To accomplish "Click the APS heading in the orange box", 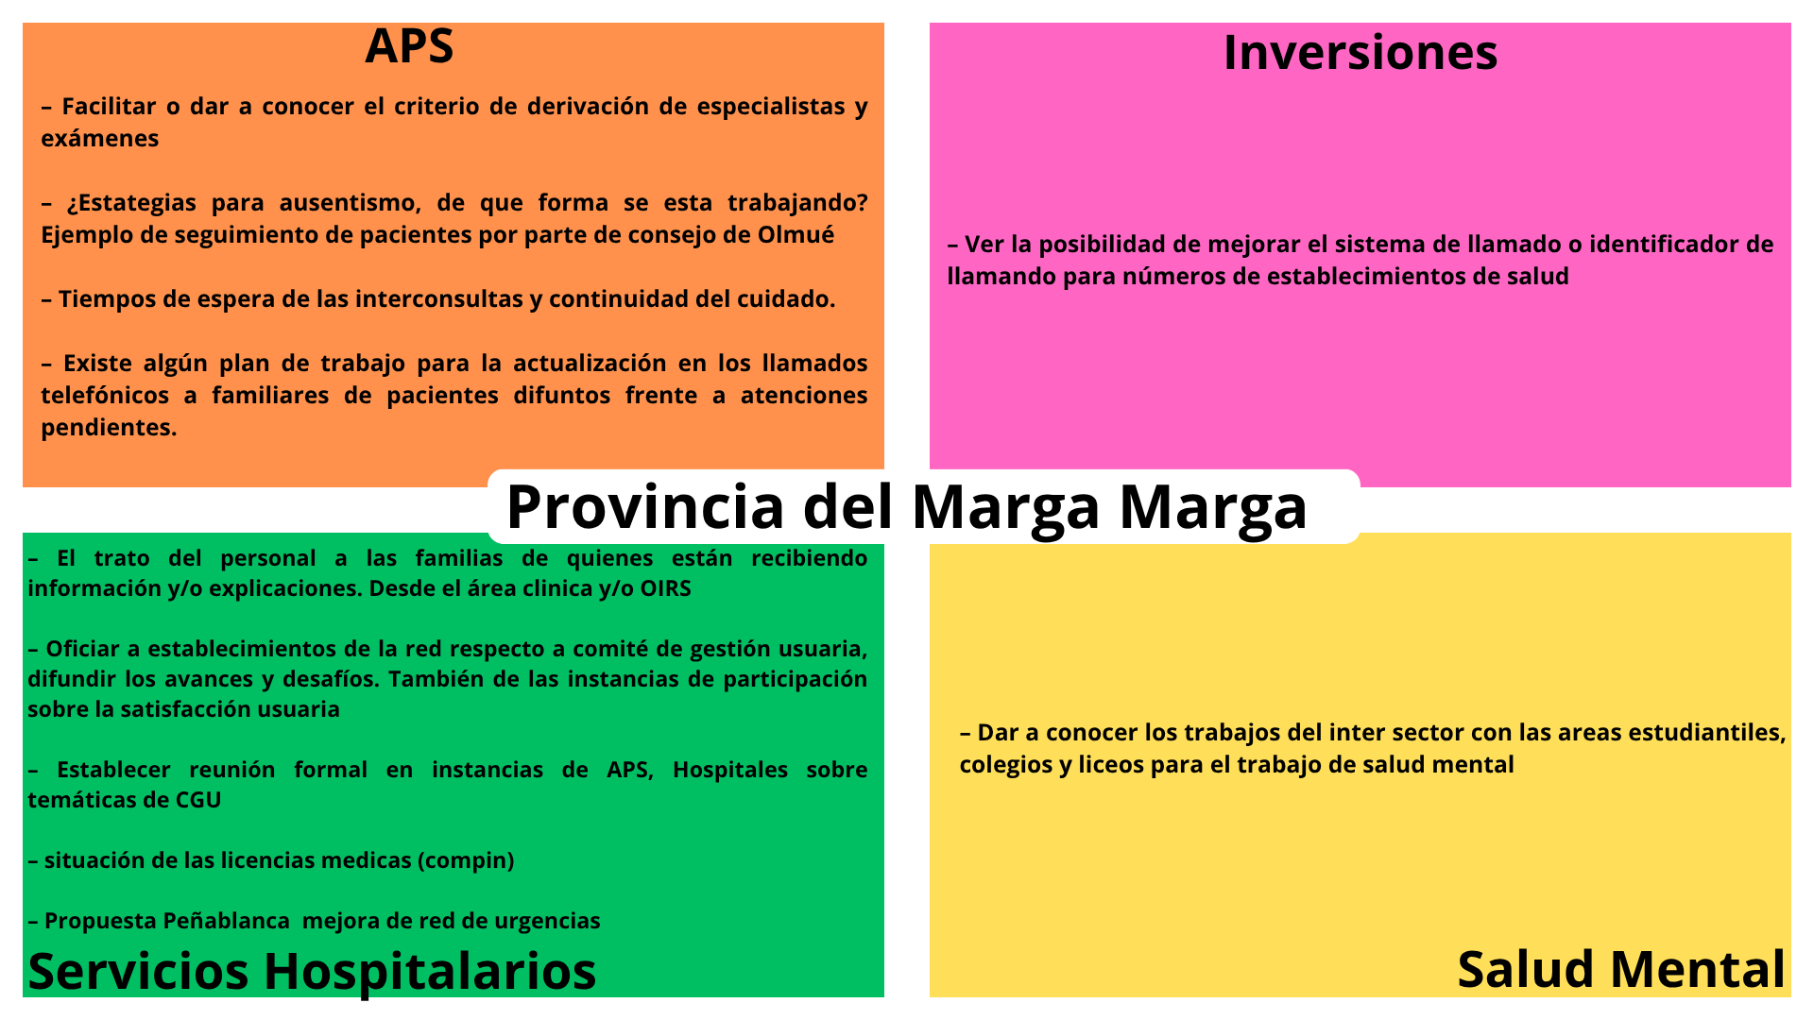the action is coord(409,46).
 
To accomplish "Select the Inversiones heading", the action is coord(1360,52).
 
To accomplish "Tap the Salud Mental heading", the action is coord(1621,970).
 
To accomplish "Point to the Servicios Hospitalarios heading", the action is coord(312,971).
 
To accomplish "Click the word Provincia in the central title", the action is coord(645,506).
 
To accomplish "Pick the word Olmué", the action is coord(796,234).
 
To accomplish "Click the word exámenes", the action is coord(99,139).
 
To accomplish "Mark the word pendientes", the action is coord(109,428).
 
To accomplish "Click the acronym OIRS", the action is coord(665,588).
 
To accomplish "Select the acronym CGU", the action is coord(198,800).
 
